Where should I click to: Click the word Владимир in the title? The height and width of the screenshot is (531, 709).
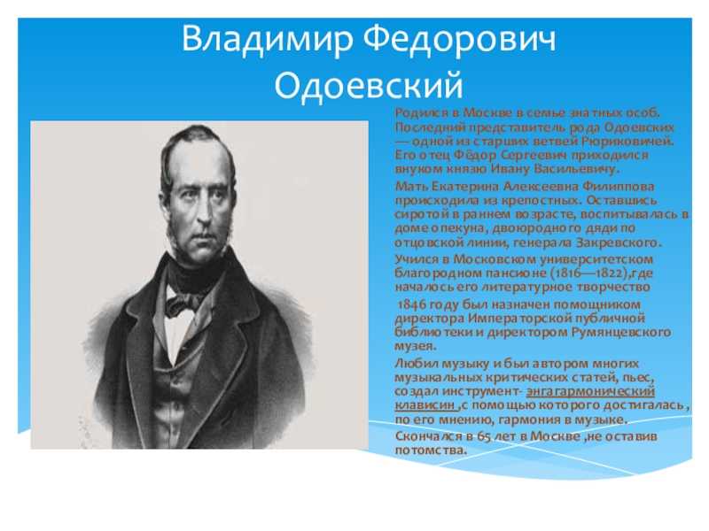click(x=267, y=38)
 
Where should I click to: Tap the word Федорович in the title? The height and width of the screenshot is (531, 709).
click(x=459, y=38)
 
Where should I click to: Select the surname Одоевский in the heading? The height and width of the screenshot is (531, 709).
click(x=369, y=86)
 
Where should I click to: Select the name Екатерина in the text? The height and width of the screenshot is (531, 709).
click(x=464, y=186)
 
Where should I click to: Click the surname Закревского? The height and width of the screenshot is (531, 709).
click(x=619, y=242)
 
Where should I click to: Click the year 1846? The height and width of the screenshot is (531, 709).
click(x=411, y=304)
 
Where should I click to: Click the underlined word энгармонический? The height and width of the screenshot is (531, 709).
click(x=591, y=391)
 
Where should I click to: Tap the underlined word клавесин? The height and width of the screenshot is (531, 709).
click(x=426, y=405)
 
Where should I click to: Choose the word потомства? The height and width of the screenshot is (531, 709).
click(x=431, y=450)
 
